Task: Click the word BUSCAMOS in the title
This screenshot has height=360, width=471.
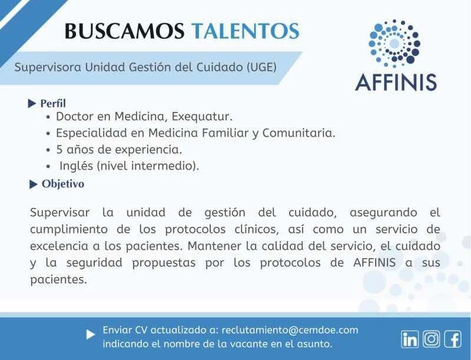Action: [x=124, y=31]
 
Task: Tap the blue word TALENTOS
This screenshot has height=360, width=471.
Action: [x=246, y=31]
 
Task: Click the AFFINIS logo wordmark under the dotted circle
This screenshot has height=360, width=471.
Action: [x=396, y=82]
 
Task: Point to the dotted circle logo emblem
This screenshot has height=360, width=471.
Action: [x=394, y=44]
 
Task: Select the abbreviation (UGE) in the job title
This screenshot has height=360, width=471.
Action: [x=261, y=67]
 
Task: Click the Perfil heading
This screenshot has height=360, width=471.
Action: [x=53, y=103]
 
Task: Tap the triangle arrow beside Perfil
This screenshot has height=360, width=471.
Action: [x=32, y=104]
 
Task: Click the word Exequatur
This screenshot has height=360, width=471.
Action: [x=202, y=116]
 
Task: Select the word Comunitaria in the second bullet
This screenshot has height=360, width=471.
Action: [x=298, y=133]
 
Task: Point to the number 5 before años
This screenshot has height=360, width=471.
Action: [x=59, y=150]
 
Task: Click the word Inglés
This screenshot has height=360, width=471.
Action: [x=76, y=166]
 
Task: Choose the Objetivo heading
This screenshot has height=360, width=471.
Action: [x=63, y=184]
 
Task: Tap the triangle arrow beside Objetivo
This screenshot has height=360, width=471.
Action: [x=34, y=184]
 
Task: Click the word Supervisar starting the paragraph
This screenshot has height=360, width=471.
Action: [x=60, y=213]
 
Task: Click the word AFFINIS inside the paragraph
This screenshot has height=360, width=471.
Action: [x=374, y=263]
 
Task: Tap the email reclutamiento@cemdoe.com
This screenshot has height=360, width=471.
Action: [x=290, y=330]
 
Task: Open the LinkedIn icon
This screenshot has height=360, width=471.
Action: [x=409, y=339]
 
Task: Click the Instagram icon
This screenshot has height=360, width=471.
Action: [x=432, y=339]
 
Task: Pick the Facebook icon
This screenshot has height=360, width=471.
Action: [x=453, y=339]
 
